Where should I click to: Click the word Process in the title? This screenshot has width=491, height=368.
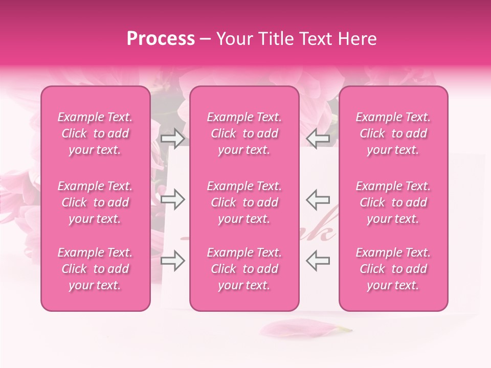(x=161, y=39)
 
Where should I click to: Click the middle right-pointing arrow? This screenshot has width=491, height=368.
(x=172, y=199)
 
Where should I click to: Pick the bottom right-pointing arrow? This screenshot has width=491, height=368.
(x=172, y=261)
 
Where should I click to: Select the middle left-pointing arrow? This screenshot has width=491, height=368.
(x=318, y=199)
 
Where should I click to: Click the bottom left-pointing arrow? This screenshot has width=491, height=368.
(x=318, y=261)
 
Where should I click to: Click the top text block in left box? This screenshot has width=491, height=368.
(x=95, y=133)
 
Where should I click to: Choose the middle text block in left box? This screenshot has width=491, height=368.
(x=95, y=202)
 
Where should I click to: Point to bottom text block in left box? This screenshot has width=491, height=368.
(x=95, y=269)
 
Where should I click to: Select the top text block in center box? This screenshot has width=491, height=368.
(x=244, y=133)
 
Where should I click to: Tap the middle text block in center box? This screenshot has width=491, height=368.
(x=244, y=202)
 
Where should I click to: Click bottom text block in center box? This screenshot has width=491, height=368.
(x=244, y=269)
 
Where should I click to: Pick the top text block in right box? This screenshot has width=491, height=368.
(x=393, y=133)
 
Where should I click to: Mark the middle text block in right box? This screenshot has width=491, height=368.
(x=393, y=202)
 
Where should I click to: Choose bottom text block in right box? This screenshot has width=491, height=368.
(x=393, y=269)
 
